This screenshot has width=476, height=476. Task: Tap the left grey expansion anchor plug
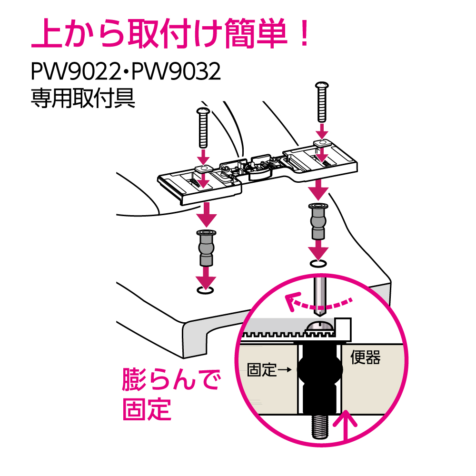point(206,248)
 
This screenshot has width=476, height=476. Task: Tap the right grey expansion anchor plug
point(318,221)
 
